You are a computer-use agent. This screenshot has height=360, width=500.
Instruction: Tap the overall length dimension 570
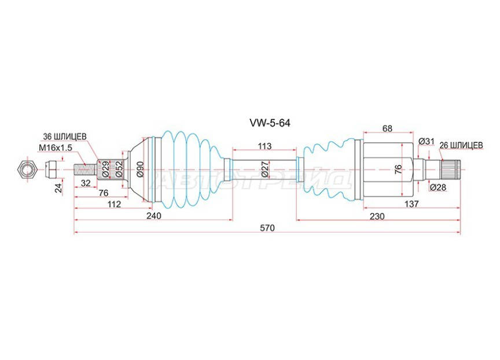point(267,227)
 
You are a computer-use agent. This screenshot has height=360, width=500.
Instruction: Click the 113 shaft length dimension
point(264,147)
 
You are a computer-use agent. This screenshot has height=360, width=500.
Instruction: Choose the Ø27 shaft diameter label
point(264,168)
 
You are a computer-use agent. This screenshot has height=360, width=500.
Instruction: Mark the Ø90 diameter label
point(139,168)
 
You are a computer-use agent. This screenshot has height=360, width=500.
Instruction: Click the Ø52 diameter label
point(118,168)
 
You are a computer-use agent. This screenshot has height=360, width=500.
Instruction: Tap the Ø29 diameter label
point(106,168)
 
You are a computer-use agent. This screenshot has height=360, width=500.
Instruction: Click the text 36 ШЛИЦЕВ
point(65,137)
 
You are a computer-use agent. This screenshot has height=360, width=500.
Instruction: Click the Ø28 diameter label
point(437,186)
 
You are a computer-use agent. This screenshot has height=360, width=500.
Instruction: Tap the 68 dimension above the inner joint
point(388,128)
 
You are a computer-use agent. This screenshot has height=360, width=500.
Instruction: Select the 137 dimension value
point(411,204)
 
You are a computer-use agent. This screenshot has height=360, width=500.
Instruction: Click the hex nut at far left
point(27,168)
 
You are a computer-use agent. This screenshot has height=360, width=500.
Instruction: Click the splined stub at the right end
point(451,168)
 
